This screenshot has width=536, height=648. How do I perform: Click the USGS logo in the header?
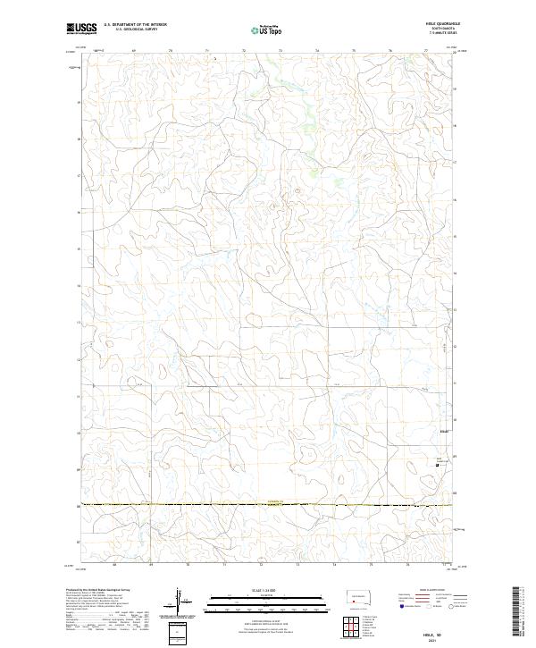point(82,29)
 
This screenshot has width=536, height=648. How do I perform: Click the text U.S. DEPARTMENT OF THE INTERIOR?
point(135,24)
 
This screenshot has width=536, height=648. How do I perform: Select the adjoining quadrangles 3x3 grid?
point(345,624)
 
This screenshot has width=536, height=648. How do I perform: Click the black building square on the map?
point(437,464)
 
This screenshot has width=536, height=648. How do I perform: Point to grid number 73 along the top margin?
point(281,52)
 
